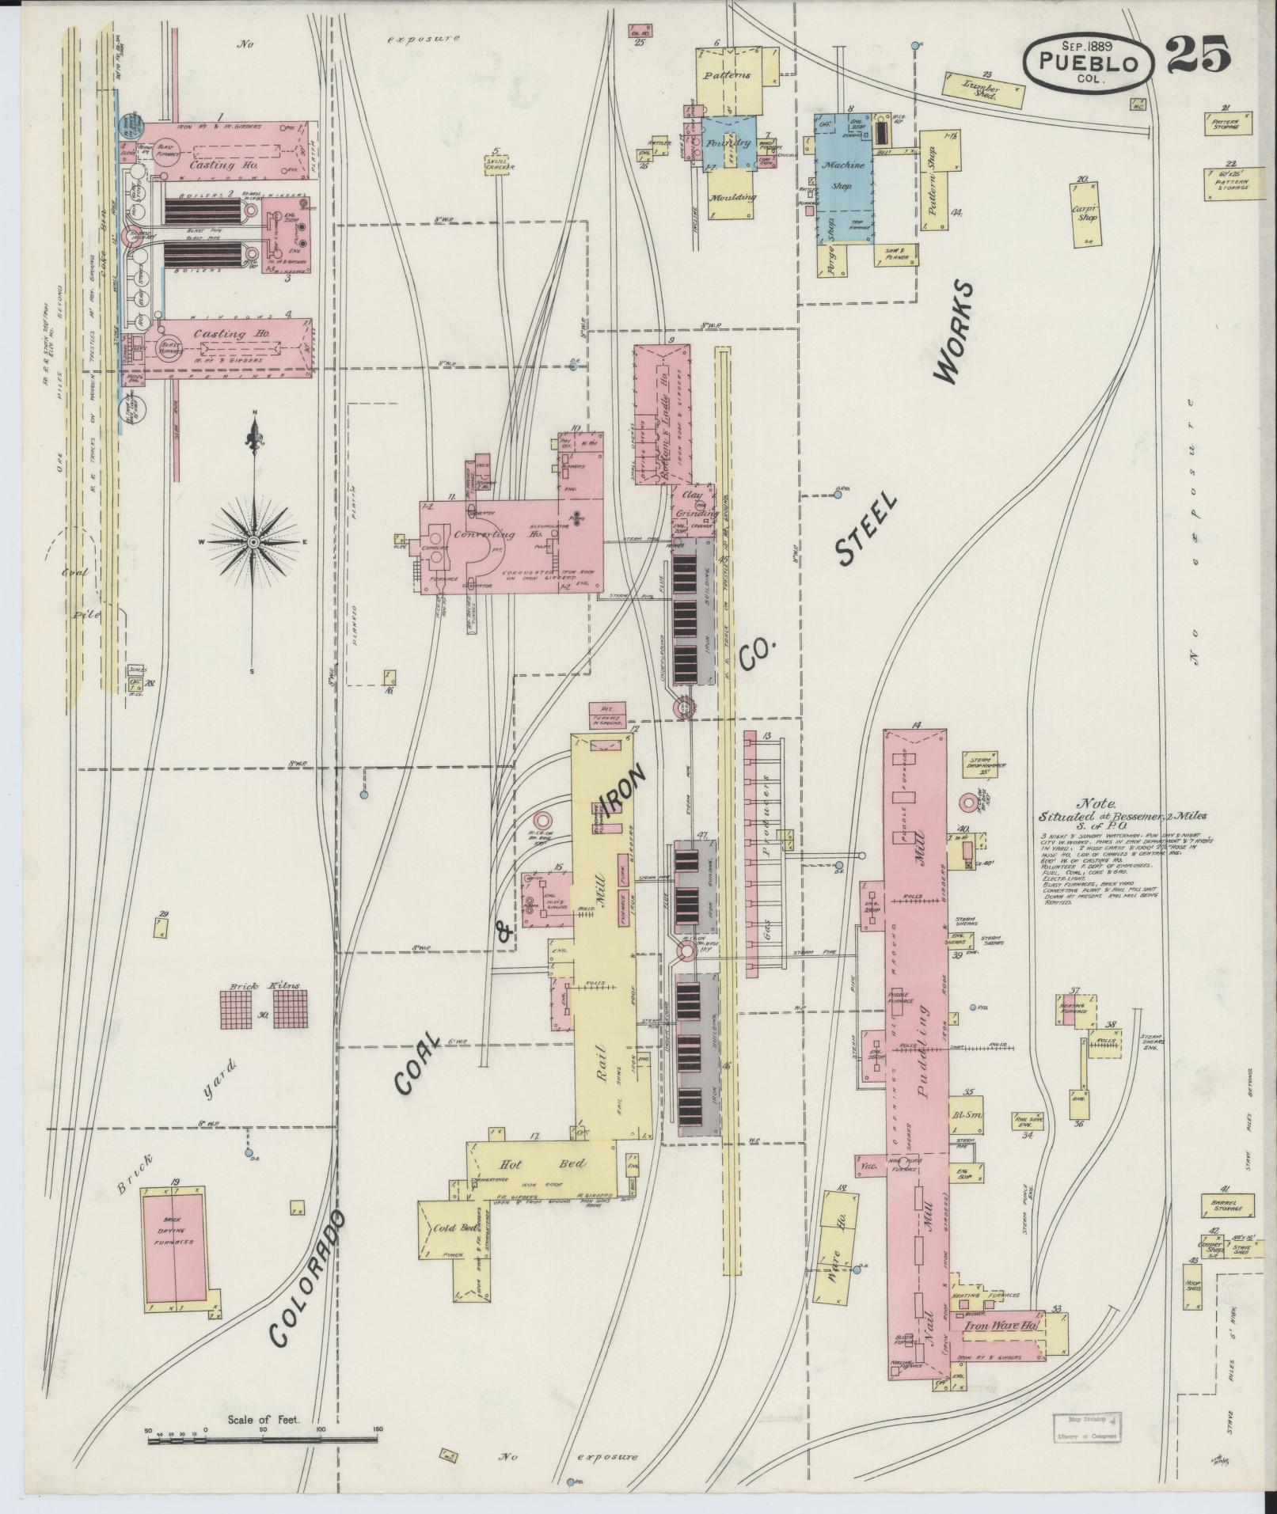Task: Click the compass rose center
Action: (253, 541)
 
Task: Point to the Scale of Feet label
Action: (264, 1419)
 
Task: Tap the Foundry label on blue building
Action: (729, 143)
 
